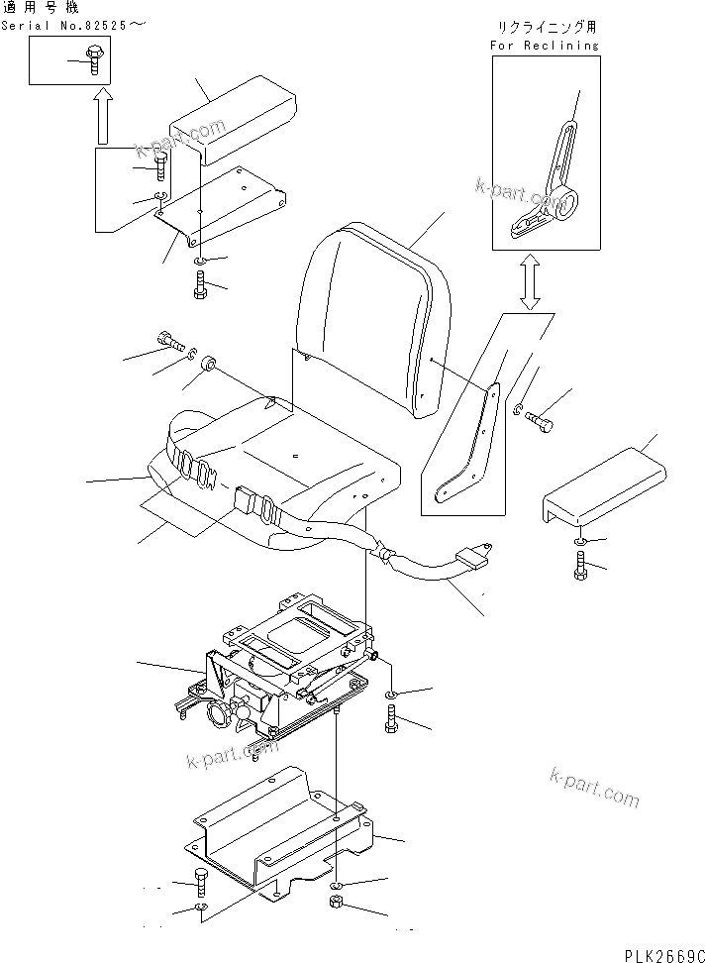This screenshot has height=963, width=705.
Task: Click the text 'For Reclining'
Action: pyautogui.click(x=545, y=46)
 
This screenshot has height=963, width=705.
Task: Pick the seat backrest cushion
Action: pyautogui.click(x=371, y=317)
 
